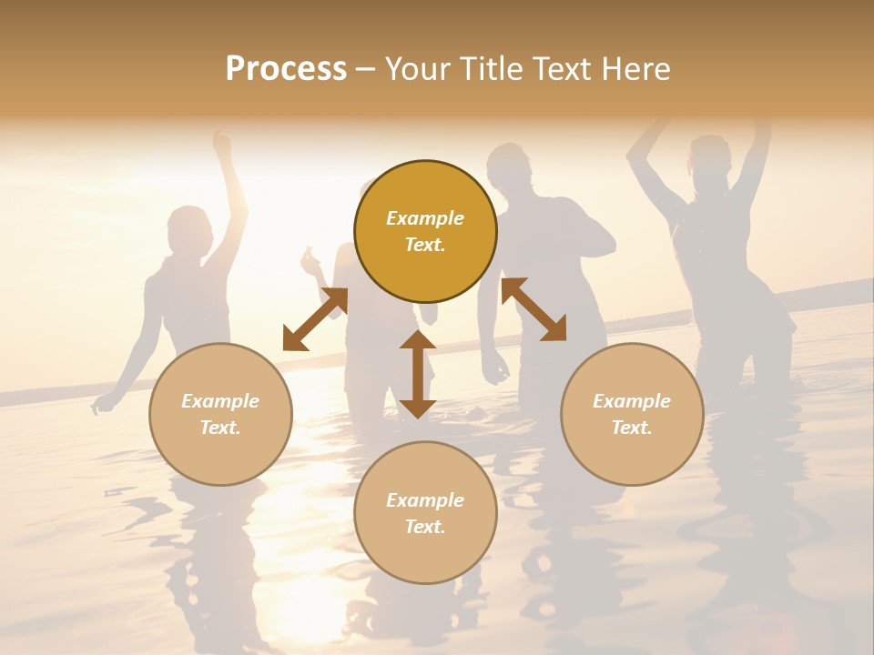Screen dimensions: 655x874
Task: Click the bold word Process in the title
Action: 286,69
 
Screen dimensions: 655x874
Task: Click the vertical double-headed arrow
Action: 418,374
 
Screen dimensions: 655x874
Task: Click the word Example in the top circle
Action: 425,218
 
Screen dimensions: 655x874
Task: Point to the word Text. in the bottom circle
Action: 425,527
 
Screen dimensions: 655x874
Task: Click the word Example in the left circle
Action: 220,401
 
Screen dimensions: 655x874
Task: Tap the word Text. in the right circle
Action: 632,428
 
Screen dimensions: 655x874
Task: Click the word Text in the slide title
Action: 569,69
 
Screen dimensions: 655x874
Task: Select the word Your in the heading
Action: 415,69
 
